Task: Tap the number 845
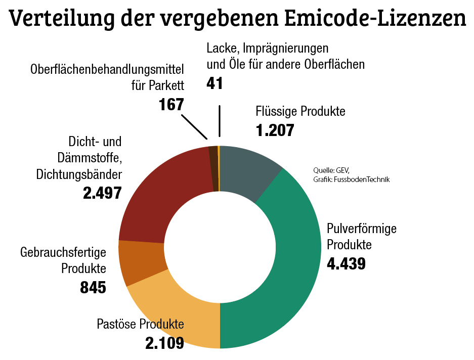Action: tap(93, 287)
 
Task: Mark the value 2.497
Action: tap(102, 193)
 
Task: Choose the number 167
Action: tap(171, 105)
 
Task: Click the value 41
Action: tap(215, 83)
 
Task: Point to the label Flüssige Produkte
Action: tap(300, 111)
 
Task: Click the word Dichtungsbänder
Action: tap(79, 174)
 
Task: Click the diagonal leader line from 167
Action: tap(194, 127)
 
